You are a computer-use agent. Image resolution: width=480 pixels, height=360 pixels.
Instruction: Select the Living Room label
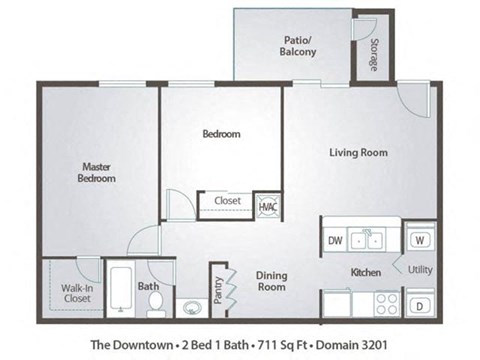(x=359, y=153)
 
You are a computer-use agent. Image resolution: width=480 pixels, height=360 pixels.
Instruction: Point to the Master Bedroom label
(x=97, y=173)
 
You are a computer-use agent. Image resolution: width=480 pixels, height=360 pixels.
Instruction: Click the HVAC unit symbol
(x=268, y=206)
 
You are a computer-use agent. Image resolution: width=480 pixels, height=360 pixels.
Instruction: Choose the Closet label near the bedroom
(x=226, y=201)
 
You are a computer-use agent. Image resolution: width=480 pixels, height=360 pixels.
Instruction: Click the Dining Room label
(x=271, y=281)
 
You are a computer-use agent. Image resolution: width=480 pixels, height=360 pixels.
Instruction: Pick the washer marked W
(x=419, y=240)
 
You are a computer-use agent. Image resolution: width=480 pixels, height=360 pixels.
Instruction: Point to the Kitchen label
(x=364, y=272)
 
